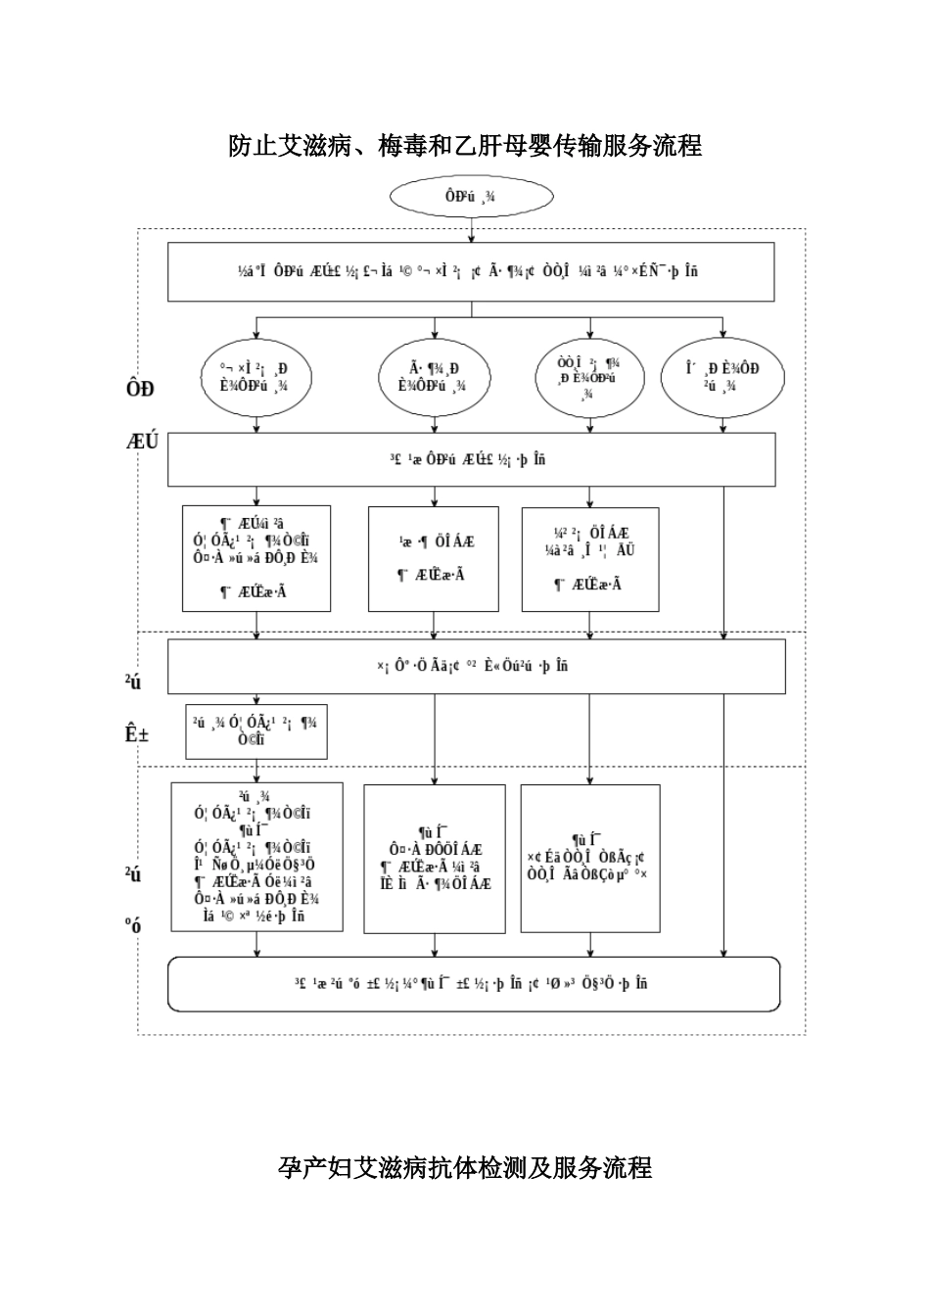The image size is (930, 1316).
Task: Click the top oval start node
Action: coord(471,196)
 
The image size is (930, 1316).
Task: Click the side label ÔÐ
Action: coord(140,389)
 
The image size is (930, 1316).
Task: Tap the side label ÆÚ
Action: coord(142,442)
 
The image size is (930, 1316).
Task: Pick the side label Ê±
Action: coord(137,733)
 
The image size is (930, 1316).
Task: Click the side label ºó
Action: coord(133,924)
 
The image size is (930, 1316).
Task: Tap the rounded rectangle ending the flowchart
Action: coord(474,983)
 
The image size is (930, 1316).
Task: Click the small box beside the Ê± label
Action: coord(256,731)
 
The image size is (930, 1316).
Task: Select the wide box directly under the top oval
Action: coord(472,271)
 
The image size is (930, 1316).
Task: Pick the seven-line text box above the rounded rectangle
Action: coord(256,856)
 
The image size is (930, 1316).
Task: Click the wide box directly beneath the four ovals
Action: coord(472,459)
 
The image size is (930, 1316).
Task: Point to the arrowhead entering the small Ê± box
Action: coord(256,700)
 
